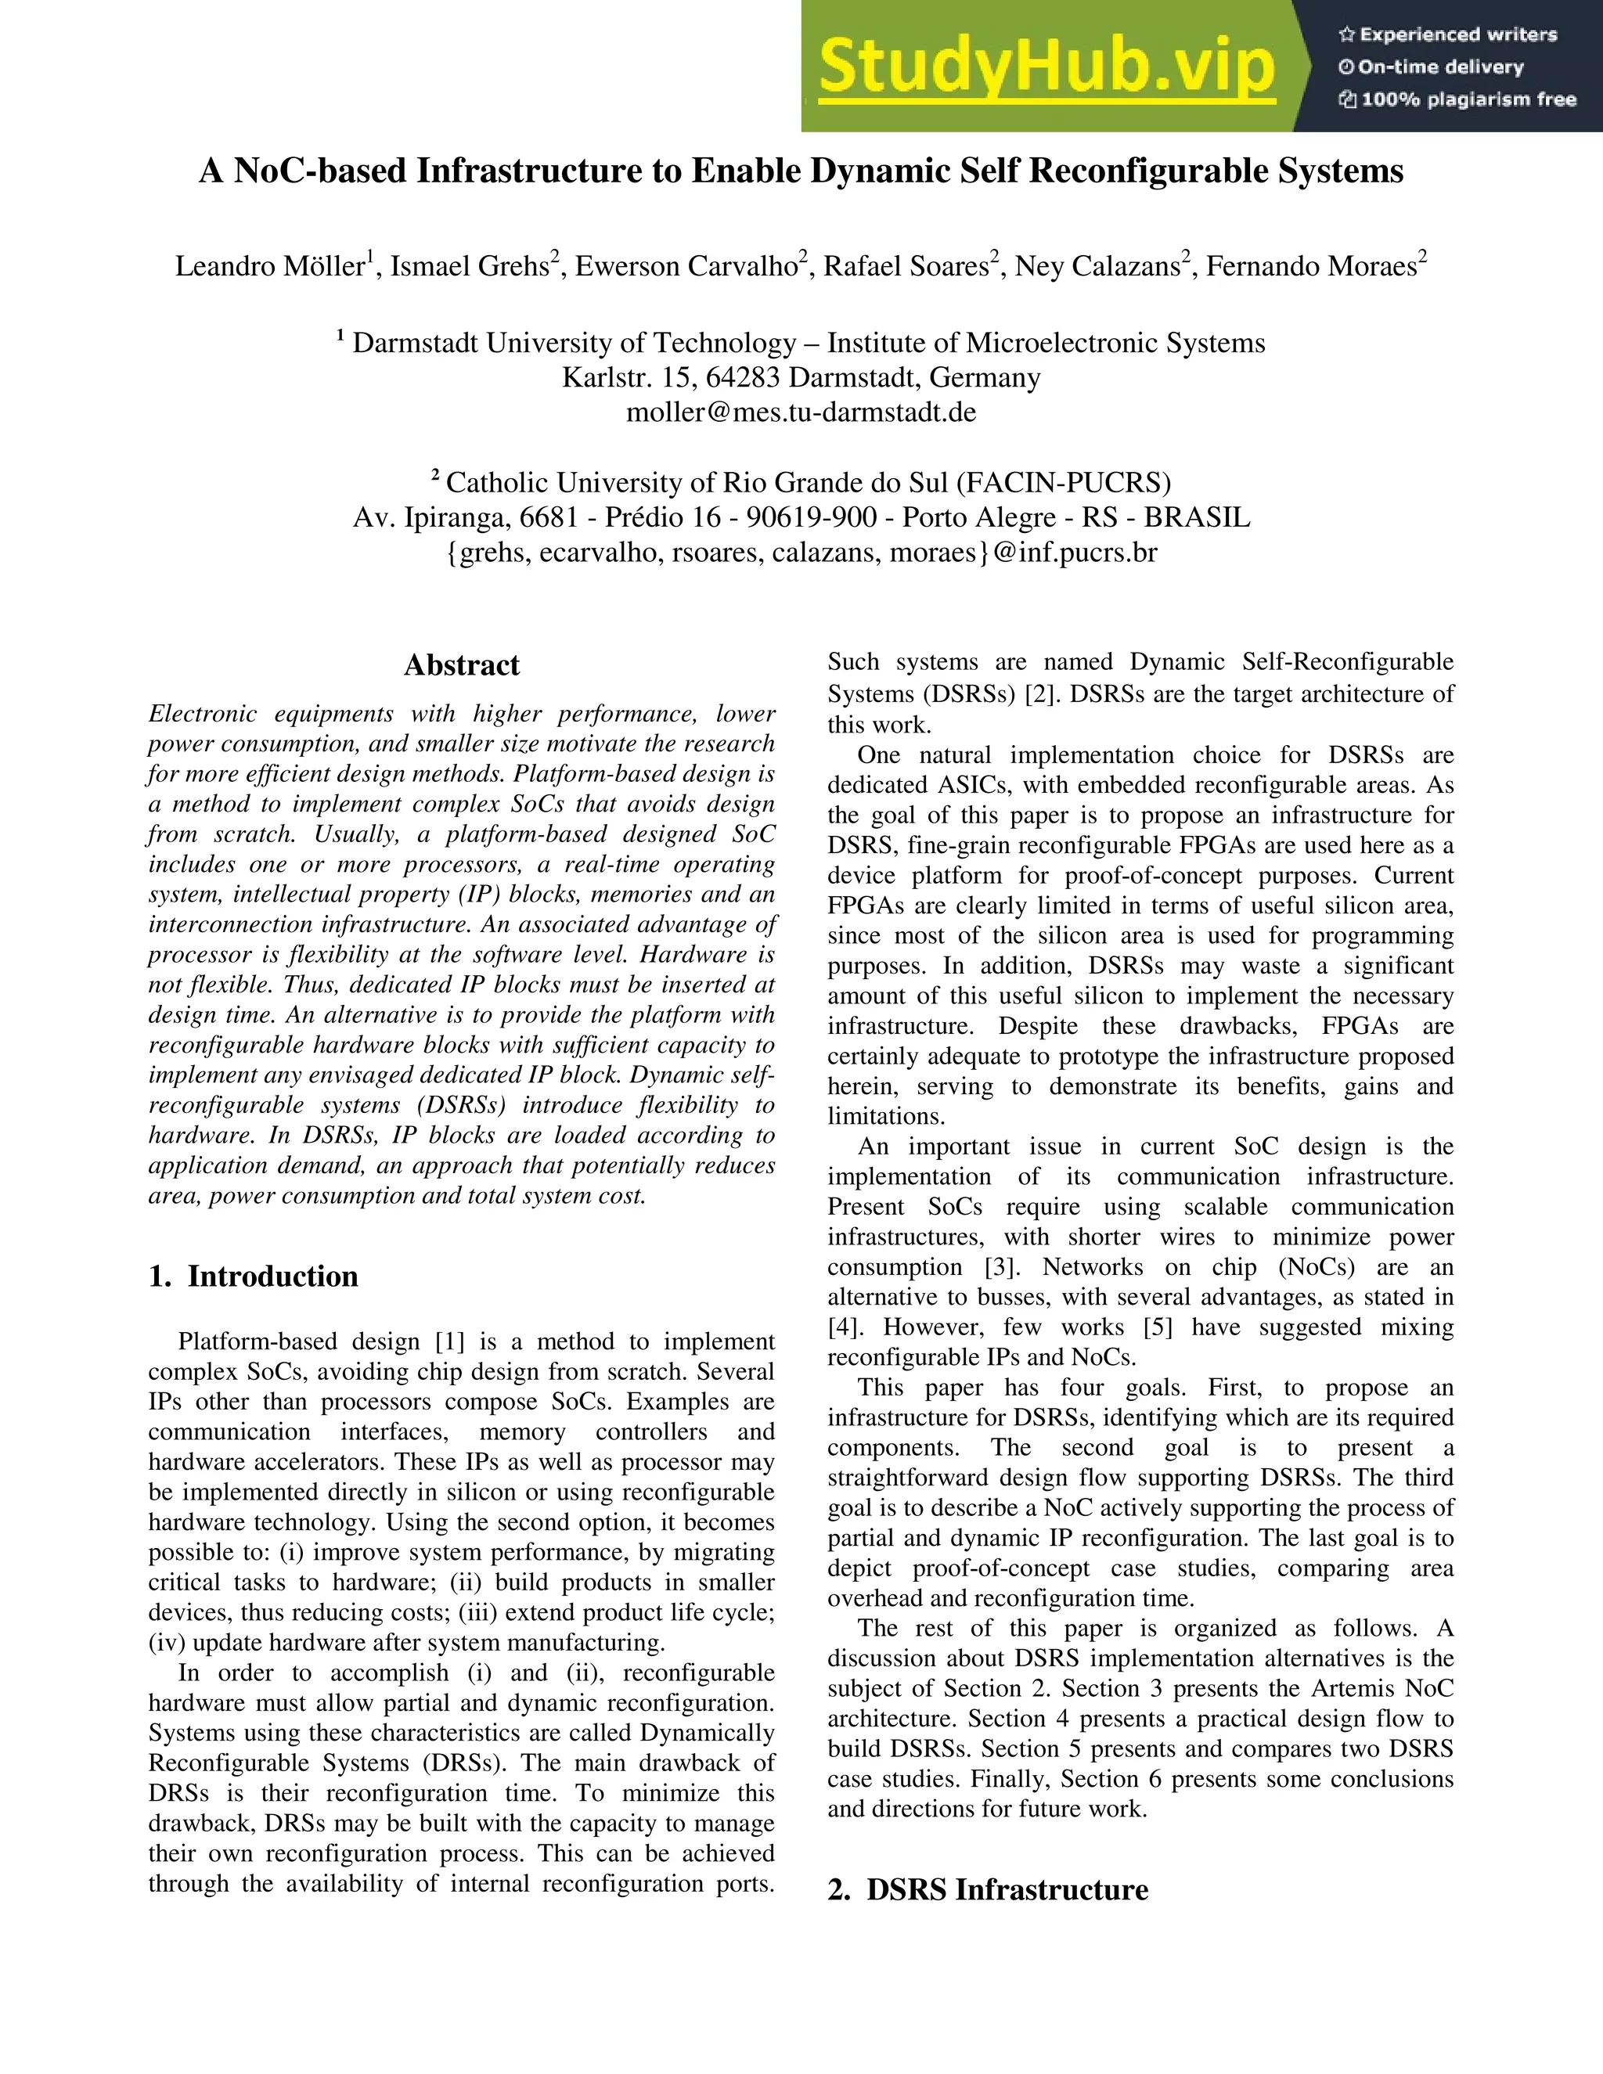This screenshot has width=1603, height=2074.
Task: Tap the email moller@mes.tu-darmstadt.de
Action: point(801,412)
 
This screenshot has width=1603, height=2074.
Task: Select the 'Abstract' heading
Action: point(462,664)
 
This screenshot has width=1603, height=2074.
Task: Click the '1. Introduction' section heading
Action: point(254,1276)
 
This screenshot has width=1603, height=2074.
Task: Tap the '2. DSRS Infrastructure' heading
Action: point(988,1889)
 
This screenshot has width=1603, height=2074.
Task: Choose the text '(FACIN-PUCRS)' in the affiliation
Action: point(1063,482)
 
